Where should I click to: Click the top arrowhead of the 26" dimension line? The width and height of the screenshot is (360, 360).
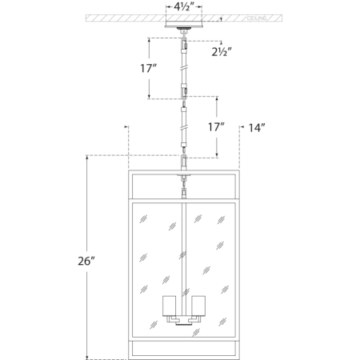pyautogui.click(x=88, y=158)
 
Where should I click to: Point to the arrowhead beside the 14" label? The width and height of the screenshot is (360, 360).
pyautogui.click(x=241, y=127)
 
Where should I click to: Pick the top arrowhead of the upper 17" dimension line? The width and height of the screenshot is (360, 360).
pyautogui.click(x=149, y=39)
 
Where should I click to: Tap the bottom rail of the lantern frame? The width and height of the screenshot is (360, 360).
pyautogui.click(x=183, y=347)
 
